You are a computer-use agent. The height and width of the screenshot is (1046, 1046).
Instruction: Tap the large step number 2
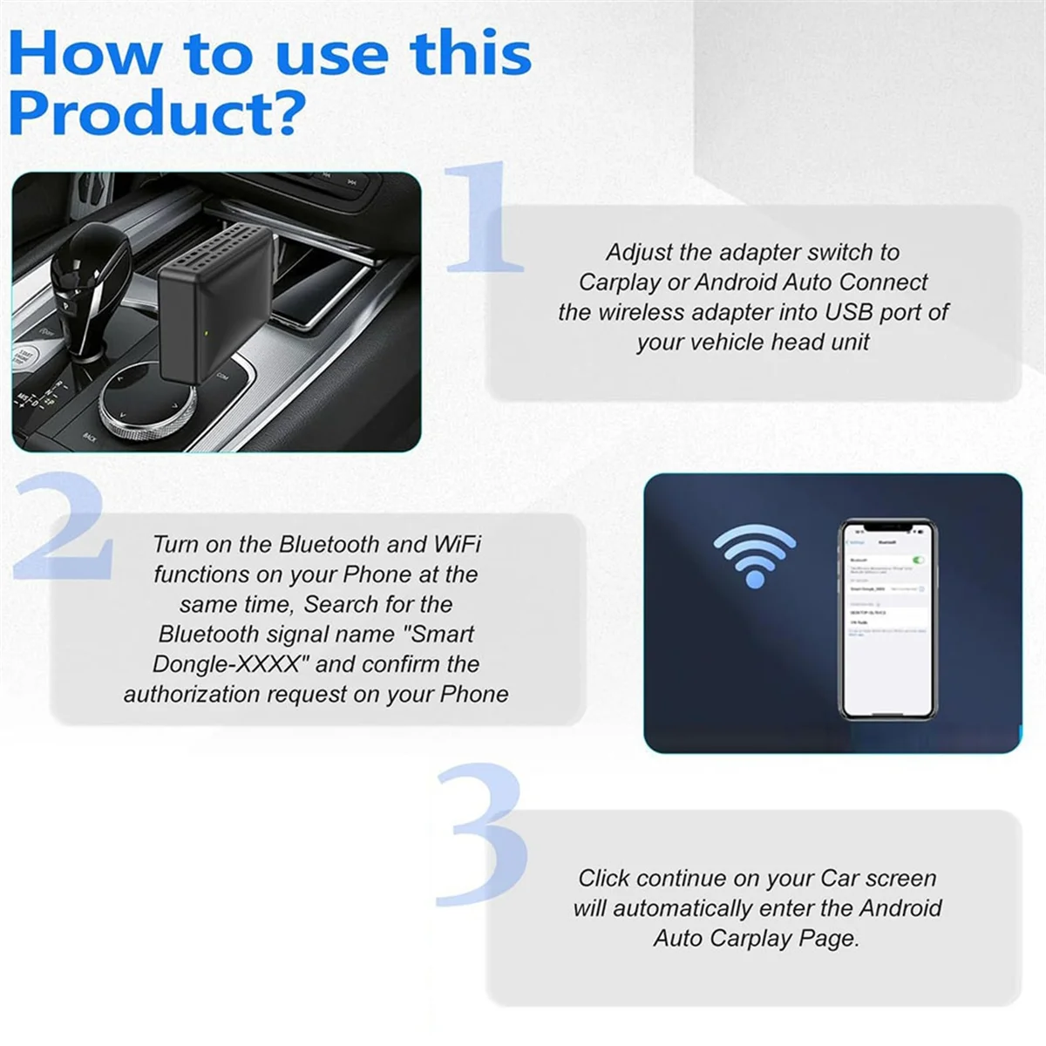click(x=65, y=528)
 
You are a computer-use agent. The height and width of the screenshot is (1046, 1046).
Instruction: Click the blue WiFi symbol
click(x=754, y=557)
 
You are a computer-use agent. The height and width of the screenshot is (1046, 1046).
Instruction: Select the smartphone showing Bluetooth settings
click(x=886, y=619)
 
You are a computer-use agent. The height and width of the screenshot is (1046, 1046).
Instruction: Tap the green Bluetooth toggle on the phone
click(x=917, y=560)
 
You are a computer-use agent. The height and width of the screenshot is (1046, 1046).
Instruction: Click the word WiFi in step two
click(x=457, y=545)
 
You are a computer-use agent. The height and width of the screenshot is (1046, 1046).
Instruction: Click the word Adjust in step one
click(x=639, y=253)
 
